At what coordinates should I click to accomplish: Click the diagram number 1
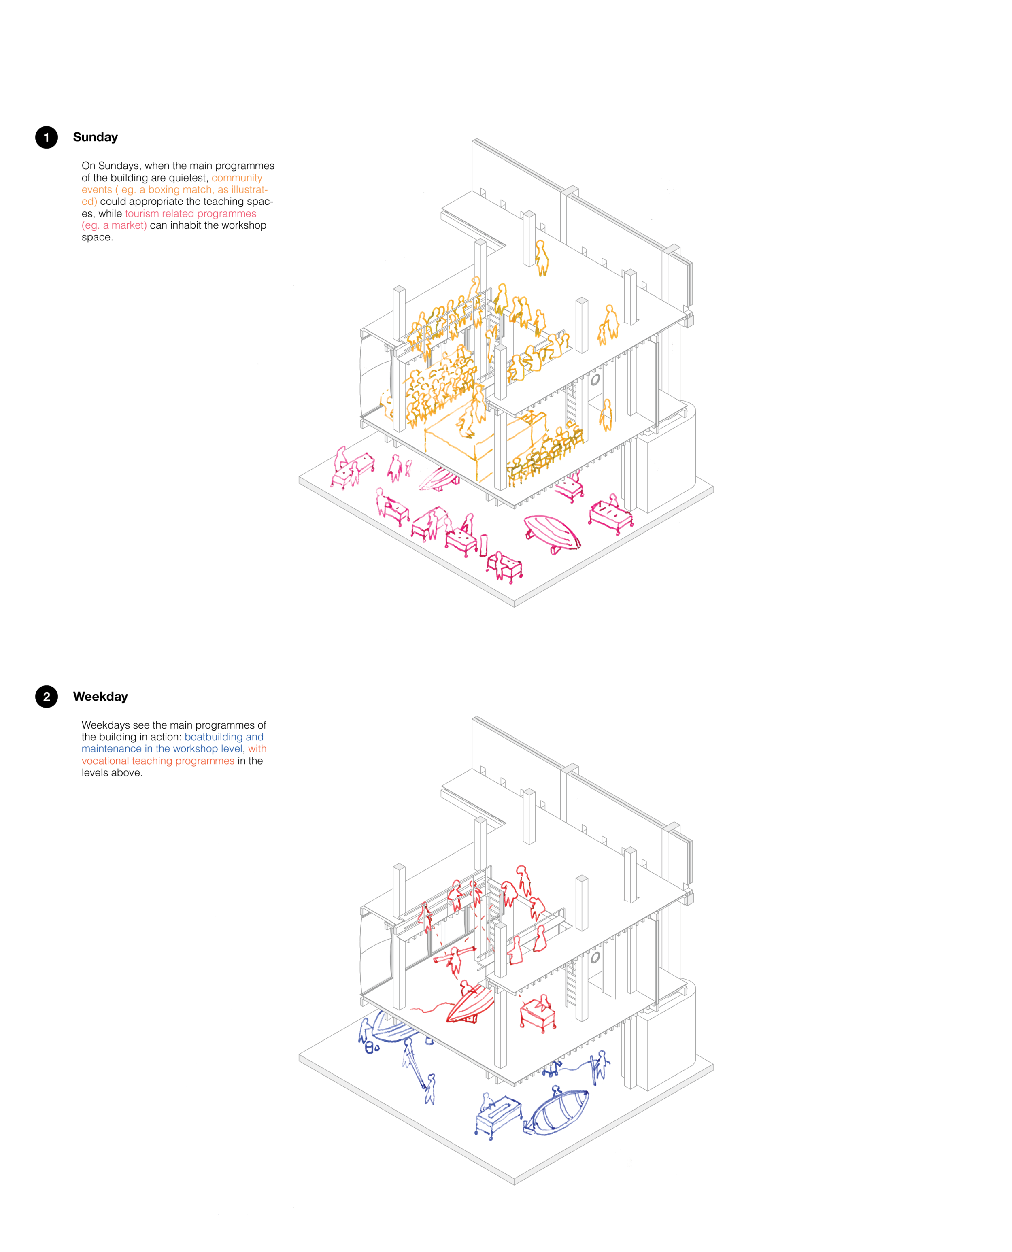(47, 138)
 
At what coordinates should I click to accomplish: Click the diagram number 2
(47, 697)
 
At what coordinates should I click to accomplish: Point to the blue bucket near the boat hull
(368, 1047)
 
